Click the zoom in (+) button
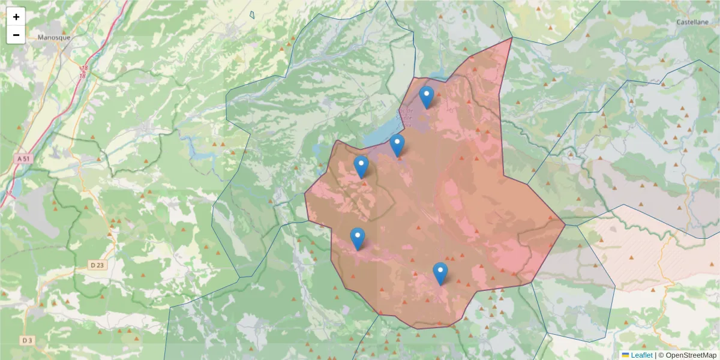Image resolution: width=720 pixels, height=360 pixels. tap(16, 17)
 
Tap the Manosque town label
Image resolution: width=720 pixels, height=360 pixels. tap(54, 37)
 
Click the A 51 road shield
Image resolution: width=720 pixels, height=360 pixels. tap(23, 158)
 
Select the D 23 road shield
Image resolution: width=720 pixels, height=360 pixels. tap(97, 265)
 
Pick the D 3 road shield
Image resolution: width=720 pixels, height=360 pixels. tap(26, 340)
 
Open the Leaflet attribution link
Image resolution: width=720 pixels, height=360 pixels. tap(641, 355)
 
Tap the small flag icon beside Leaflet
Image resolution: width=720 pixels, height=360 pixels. tap(626, 355)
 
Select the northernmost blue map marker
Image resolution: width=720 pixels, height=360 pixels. tap(427, 97)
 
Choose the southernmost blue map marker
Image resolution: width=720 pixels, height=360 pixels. tap(440, 273)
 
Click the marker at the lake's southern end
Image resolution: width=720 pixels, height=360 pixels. tap(397, 145)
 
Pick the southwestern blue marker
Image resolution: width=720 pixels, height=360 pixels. tap(358, 239)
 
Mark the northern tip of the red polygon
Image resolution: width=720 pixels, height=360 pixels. tap(512, 38)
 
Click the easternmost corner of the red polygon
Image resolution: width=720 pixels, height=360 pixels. tap(565, 224)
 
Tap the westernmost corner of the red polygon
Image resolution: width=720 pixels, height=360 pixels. tap(305, 194)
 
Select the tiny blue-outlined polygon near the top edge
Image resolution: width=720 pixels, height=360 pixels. tap(252, 14)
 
